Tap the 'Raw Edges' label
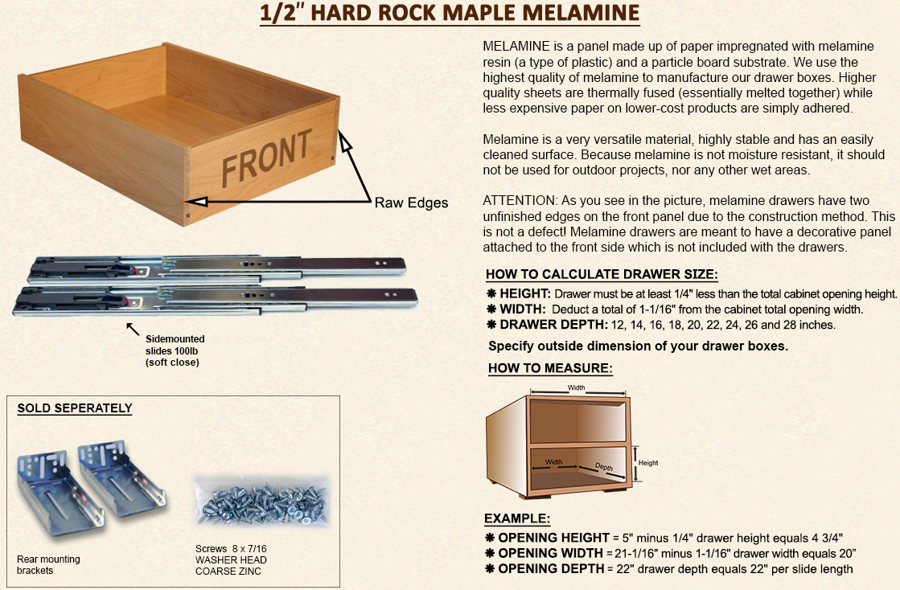(411, 203)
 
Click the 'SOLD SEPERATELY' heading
(75, 408)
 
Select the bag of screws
(261, 501)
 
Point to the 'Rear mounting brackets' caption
(48, 565)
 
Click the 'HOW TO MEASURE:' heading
(550, 368)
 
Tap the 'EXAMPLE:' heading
(517, 519)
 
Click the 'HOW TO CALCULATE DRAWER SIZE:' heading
(602, 275)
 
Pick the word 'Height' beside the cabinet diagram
(648, 463)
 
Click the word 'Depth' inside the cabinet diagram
(604, 467)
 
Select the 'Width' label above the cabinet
(577, 387)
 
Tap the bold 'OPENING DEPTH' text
(551, 569)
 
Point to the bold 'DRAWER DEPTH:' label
(553, 325)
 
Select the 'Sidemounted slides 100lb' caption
(175, 345)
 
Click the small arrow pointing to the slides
(133, 329)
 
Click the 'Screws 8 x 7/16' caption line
(231, 549)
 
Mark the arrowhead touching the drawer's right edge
(344, 141)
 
